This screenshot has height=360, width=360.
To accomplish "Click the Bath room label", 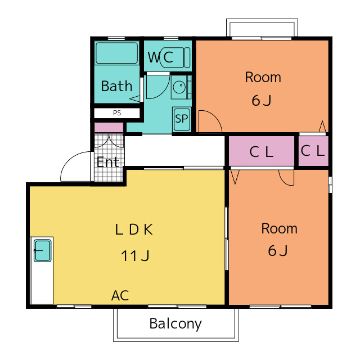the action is (x=116, y=86).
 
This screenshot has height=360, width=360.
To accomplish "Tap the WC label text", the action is (x=160, y=57).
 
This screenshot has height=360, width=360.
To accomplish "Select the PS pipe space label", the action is (x=117, y=113).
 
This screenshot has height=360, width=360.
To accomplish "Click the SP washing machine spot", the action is (x=182, y=119).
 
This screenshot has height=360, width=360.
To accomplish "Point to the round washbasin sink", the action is (x=179, y=87).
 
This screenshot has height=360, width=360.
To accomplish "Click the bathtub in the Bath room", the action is (x=117, y=53).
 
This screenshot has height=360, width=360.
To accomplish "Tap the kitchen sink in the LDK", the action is (x=43, y=250).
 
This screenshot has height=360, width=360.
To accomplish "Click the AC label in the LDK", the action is (x=120, y=295).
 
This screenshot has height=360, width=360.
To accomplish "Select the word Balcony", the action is (x=175, y=324).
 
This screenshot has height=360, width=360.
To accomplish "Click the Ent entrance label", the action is (x=108, y=162).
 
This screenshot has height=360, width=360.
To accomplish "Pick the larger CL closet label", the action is (x=262, y=152).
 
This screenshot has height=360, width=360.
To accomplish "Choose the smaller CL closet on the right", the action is (x=313, y=151).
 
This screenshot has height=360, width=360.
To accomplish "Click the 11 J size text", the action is (x=135, y=256).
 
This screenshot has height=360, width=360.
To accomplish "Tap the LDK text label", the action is (x=134, y=229).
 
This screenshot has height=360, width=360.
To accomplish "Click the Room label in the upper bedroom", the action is (x=263, y=77).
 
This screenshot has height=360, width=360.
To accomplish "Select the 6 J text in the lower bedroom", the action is (x=278, y=250).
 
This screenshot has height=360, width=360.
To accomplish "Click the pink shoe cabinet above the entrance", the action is (x=109, y=128).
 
